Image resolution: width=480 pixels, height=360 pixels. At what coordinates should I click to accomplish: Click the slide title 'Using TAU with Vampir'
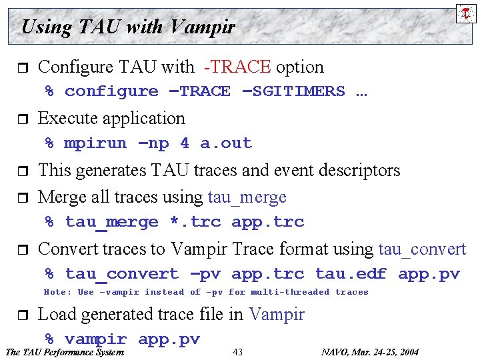pos(128,27)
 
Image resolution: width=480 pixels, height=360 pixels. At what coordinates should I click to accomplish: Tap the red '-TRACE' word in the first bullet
pos(237,67)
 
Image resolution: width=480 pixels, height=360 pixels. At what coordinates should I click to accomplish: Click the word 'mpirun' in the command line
pos(95,143)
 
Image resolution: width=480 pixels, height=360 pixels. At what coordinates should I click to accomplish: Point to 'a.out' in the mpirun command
pos(226,143)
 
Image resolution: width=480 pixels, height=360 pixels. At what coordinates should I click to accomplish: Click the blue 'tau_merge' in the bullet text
pos(247,197)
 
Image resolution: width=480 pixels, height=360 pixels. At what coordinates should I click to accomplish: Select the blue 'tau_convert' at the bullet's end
pos(422,249)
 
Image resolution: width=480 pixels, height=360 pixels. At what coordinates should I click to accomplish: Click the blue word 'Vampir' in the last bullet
pos(276,314)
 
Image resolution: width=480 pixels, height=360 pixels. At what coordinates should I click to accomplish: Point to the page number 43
pos(238,352)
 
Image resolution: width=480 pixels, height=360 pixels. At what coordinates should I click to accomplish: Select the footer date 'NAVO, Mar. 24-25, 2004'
pos(369,352)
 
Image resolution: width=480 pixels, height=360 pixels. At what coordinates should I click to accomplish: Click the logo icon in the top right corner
pos(466,13)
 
